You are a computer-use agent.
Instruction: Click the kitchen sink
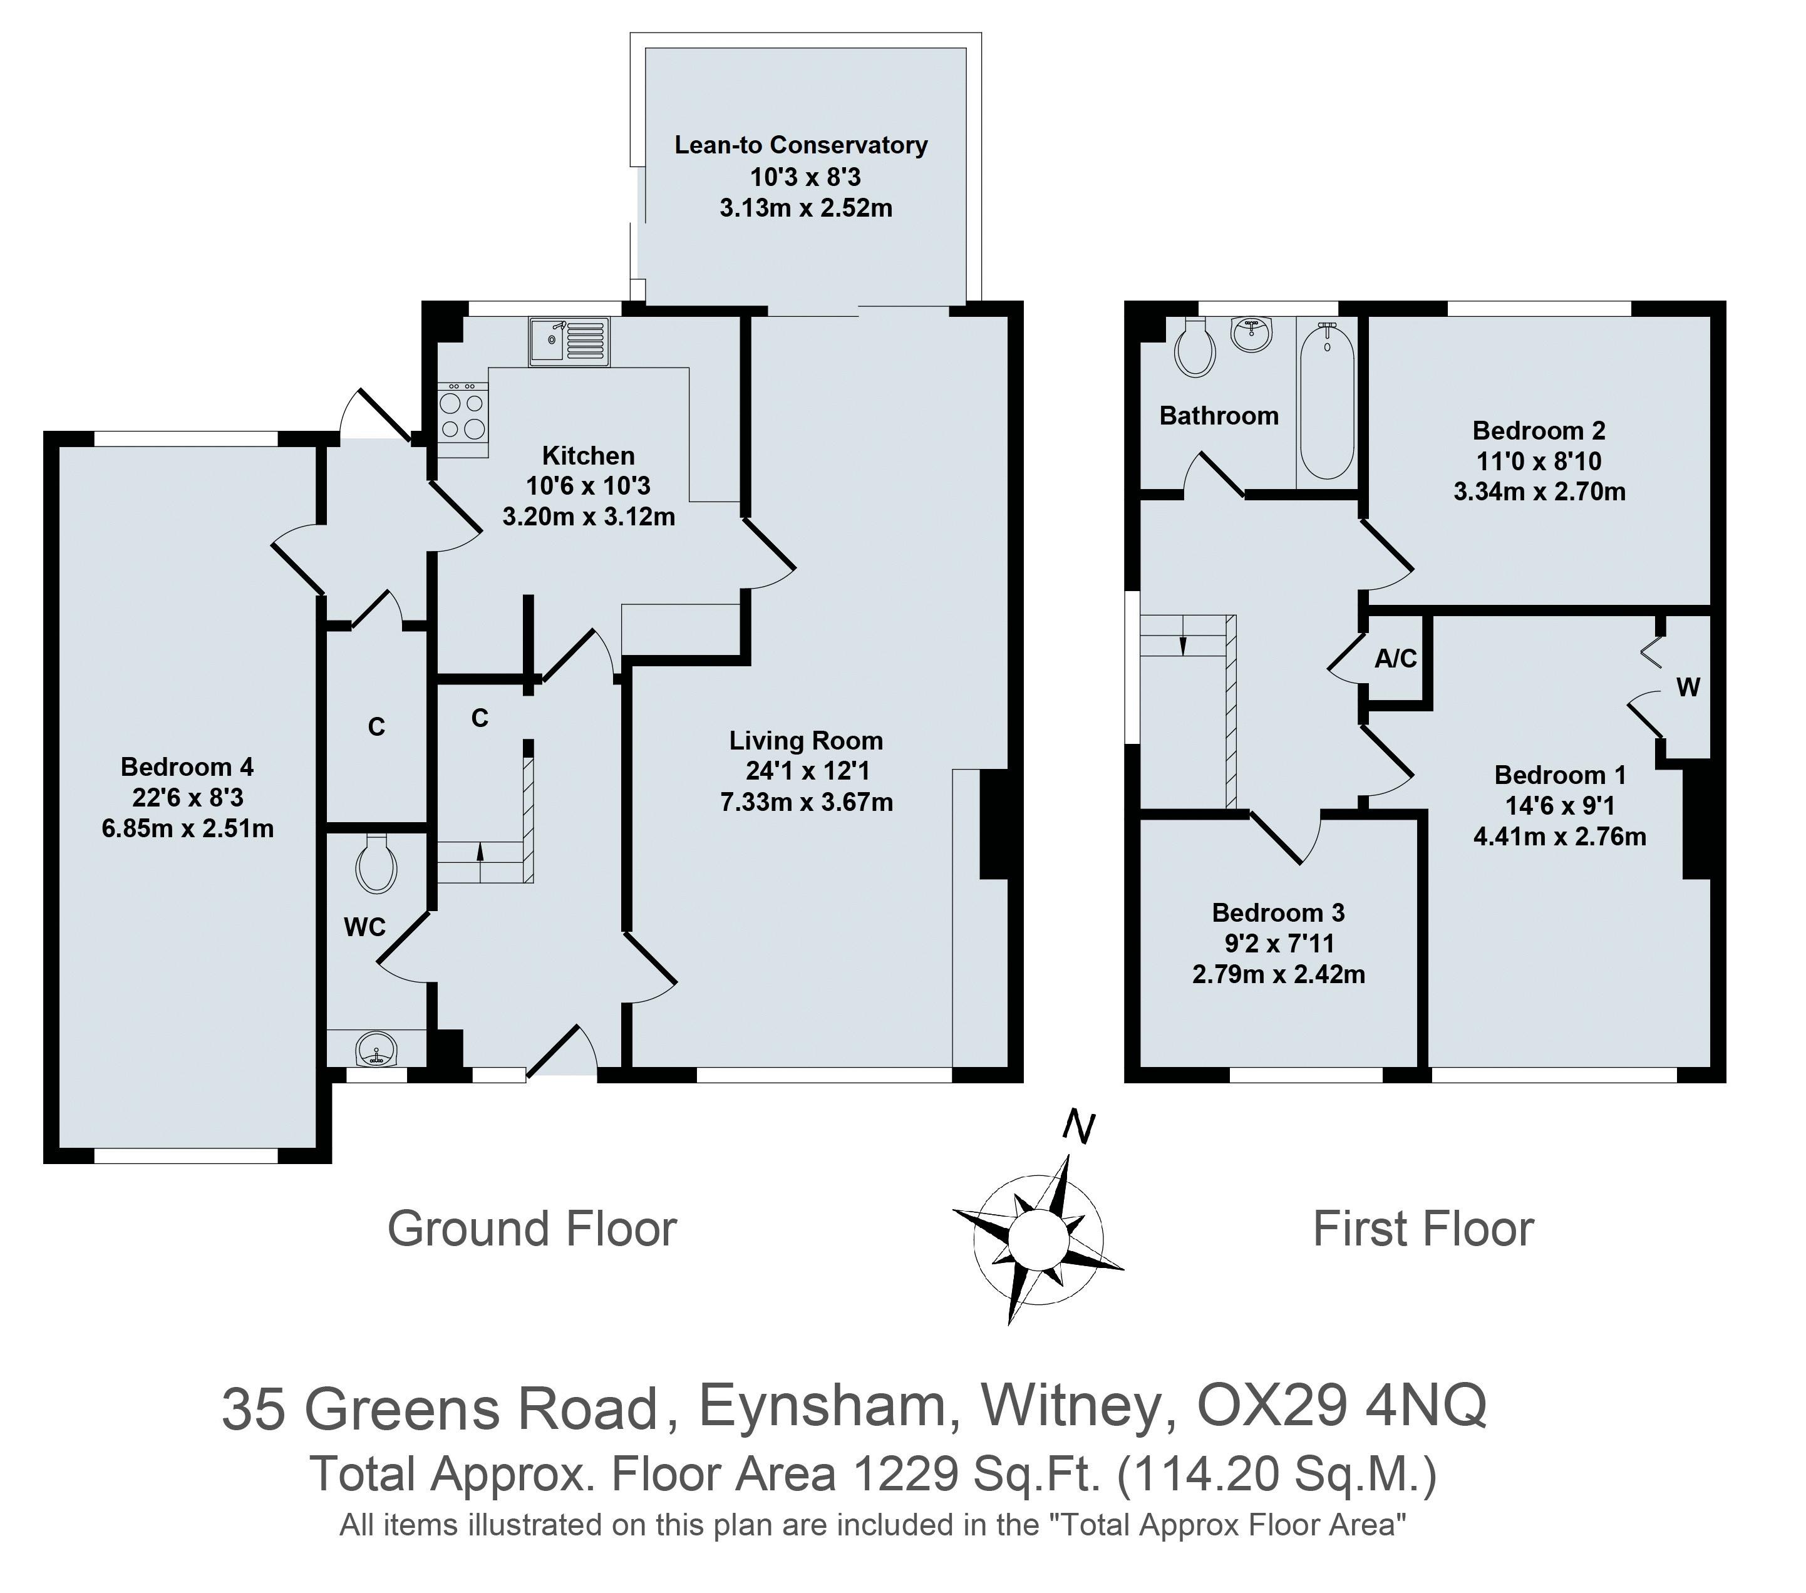[569, 341]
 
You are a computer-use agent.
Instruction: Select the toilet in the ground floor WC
[376, 864]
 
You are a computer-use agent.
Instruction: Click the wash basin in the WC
[377, 1051]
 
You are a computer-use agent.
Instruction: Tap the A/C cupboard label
[1395, 658]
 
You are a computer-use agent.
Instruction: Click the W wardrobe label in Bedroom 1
[1688, 688]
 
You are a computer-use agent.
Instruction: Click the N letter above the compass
[1079, 1127]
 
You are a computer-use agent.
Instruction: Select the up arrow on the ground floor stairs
[481, 852]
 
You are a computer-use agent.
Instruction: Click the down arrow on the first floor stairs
[1183, 645]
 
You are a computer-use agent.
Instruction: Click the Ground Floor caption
[532, 1229]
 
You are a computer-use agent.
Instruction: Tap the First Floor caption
[1423, 1229]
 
